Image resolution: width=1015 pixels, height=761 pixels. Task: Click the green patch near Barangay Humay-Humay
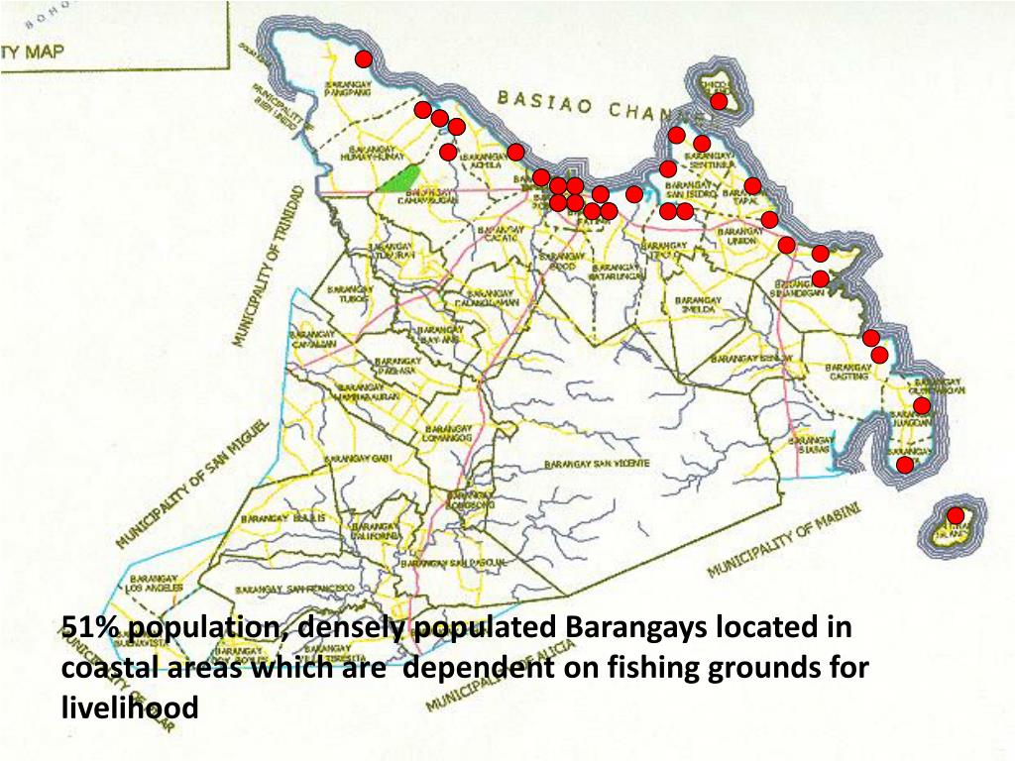tap(396, 179)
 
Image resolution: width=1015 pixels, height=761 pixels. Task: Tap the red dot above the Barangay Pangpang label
tap(364, 59)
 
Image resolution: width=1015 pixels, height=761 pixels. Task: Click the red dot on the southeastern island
tap(956, 515)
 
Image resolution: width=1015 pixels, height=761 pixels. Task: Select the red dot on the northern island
tap(719, 101)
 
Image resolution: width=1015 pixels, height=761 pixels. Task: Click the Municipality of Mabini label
tap(783, 540)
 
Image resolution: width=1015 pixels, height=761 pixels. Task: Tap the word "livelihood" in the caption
tap(130, 707)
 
